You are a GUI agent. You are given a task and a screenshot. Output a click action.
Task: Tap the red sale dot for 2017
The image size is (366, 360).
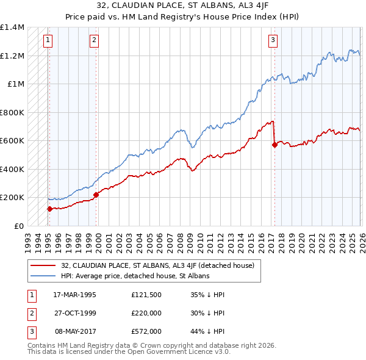click(274, 145)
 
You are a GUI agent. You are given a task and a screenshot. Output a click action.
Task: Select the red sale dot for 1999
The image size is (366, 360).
click(96, 195)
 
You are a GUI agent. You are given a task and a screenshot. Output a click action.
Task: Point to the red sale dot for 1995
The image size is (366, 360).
click(49, 209)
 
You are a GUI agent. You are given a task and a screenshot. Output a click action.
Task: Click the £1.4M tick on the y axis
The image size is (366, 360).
click(12, 27)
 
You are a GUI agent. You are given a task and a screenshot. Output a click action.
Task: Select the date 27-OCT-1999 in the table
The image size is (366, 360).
click(75, 312)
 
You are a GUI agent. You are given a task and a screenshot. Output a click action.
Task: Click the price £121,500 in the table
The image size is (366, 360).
click(146, 294)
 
